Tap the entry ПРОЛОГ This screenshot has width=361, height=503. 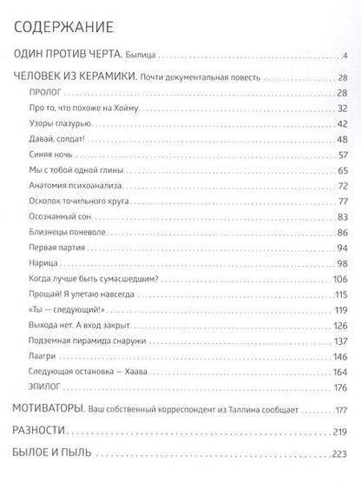pyautogui.click(x=44, y=93)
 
